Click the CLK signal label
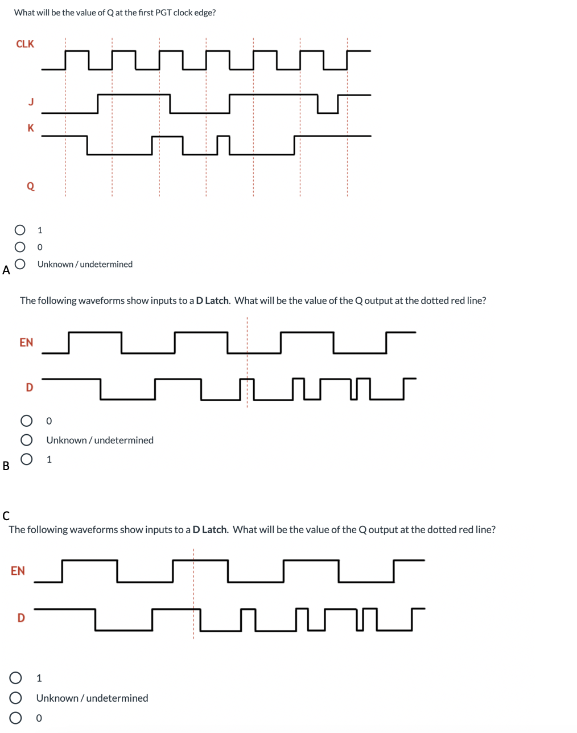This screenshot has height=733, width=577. coord(25,44)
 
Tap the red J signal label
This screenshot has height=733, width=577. coord(31,101)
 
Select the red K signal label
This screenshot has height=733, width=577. coord(31,128)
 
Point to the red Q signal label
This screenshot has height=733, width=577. coord(31,186)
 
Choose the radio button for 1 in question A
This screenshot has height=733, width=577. coord(20,230)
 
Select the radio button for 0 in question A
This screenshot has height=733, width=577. coord(20,247)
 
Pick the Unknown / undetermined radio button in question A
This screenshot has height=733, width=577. coord(20,264)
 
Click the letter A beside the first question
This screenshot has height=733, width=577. coord(6,270)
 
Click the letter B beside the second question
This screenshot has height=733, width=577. coord(6,466)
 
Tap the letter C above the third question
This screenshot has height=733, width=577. coord(6,516)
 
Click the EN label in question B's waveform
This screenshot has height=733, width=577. coord(26,342)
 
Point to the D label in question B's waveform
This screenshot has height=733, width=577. coord(30,388)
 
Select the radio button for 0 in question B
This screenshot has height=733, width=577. coord(26,421)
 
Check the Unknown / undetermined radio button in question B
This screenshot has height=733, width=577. coord(26,440)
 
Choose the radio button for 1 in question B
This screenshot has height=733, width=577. coord(26,459)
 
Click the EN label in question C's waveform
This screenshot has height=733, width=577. coord(18,571)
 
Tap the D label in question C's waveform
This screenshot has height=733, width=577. coord(21,617)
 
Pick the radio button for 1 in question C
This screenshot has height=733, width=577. coord(16,678)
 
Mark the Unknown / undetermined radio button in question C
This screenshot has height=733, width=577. coord(16,698)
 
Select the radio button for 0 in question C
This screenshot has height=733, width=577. coord(16,718)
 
